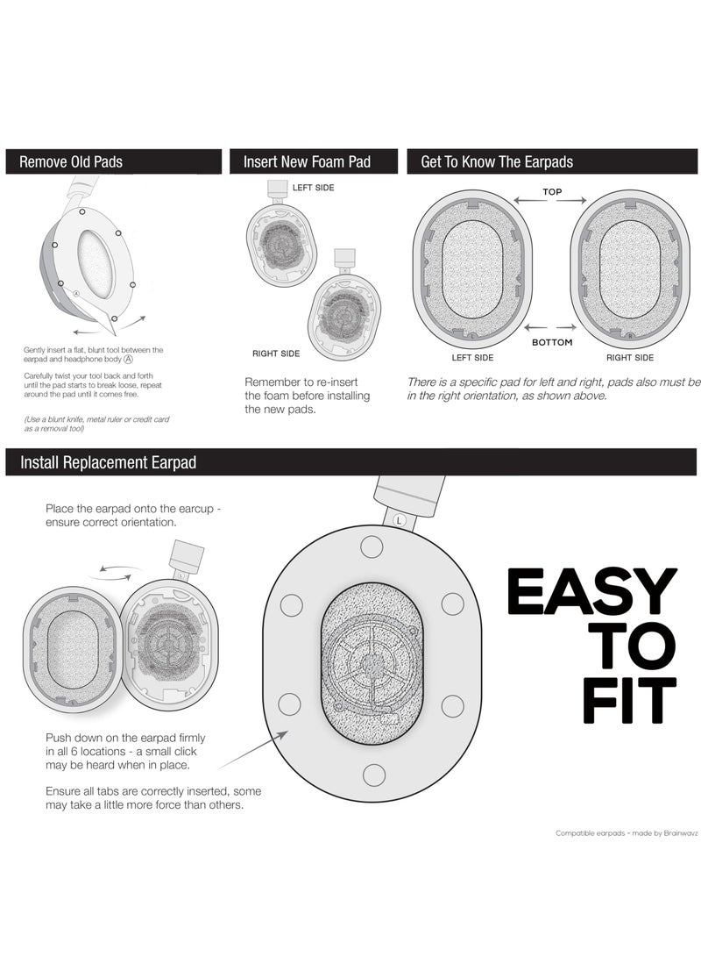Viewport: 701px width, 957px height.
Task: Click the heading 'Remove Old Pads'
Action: click(x=71, y=161)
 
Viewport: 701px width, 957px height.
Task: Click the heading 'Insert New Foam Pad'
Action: click(x=307, y=161)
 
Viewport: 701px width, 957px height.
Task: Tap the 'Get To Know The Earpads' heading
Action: click(x=497, y=161)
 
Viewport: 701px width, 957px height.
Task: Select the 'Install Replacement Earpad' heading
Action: click(x=108, y=462)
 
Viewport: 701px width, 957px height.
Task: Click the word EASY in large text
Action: click(x=592, y=592)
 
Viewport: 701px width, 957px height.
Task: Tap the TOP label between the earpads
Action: click(x=552, y=191)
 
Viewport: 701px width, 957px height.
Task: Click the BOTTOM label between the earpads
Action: click(x=552, y=342)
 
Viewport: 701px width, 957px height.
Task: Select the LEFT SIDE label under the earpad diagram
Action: click(x=472, y=358)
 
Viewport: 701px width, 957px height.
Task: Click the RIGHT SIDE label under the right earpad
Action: click(x=630, y=358)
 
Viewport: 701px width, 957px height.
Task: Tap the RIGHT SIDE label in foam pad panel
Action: click(x=276, y=354)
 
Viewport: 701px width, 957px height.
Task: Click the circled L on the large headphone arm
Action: click(x=400, y=519)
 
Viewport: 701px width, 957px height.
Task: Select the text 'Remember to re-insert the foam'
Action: click(x=307, y=389)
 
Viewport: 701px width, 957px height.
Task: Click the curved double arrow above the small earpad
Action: click(x=115, y=571)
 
